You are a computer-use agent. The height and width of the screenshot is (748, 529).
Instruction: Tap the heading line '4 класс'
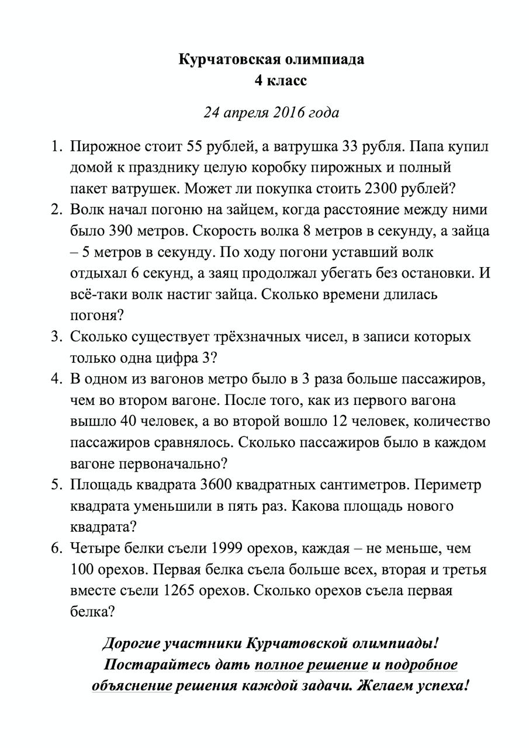279,81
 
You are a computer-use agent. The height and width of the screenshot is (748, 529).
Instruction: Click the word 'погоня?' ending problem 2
96,316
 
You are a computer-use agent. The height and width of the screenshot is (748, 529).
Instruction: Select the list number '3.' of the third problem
57,337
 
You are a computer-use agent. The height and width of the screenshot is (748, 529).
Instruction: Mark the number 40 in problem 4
129,421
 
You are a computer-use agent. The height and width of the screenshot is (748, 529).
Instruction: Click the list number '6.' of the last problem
57,548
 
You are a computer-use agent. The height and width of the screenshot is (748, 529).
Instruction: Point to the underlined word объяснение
132,685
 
